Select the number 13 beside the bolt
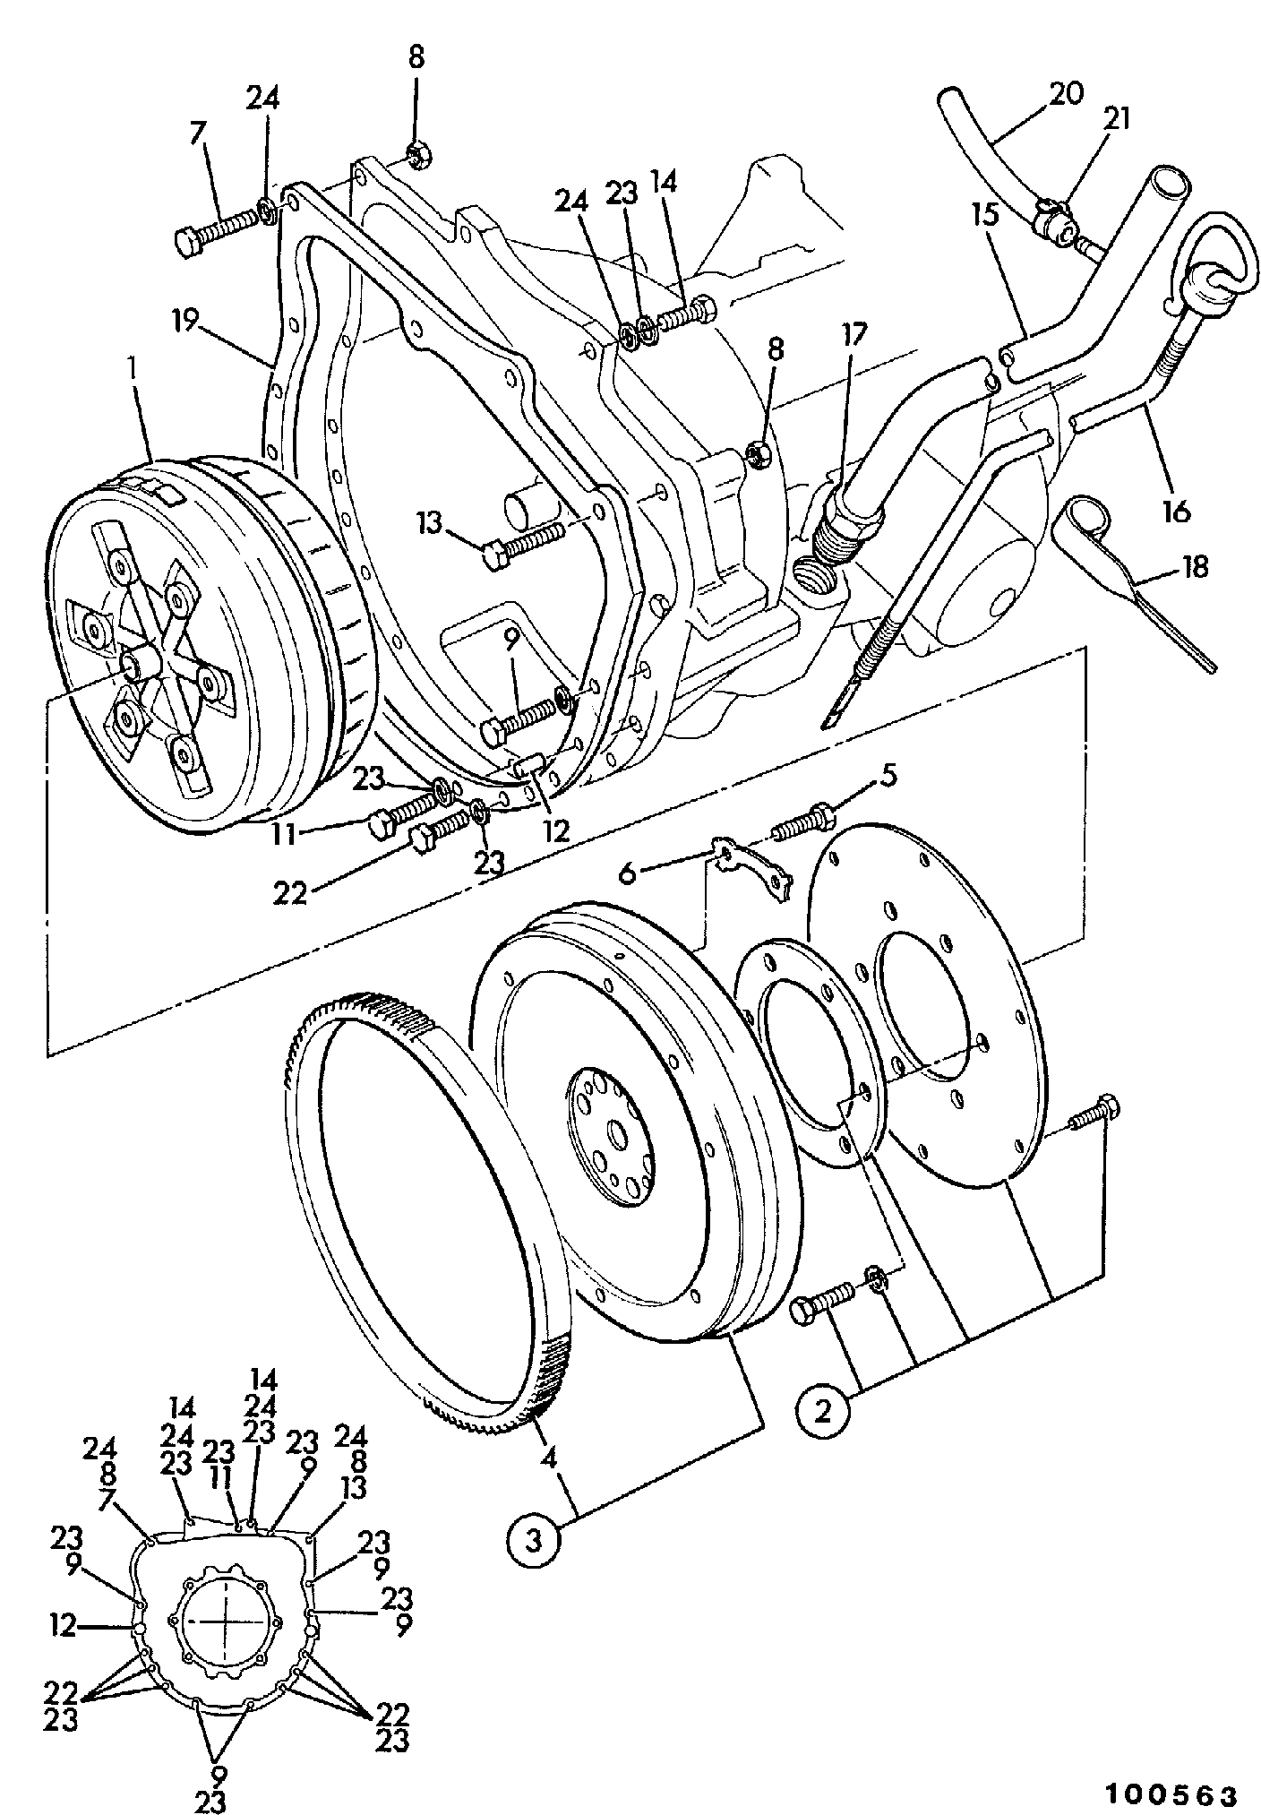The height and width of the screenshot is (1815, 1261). pos(430,523)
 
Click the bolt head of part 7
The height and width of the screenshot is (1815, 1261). pos(189,242)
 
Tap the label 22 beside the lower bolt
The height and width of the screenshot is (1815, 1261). pos(290,893)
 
